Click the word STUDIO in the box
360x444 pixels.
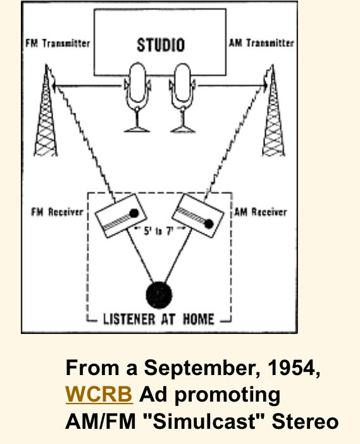[x=161, y=45]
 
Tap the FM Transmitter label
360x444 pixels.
[x=58, y=43]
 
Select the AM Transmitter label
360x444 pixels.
[x=261, y=43]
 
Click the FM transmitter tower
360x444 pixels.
[x=46, y=113]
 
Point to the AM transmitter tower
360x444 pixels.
[x=273, y=113]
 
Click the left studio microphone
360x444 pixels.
[x=137, y=97]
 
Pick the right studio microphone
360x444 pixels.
[x=182, y=97]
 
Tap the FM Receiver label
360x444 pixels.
[x=57, y=212]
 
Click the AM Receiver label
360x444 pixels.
[x=261, y=212]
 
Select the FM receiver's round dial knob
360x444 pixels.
[x=134, y=213]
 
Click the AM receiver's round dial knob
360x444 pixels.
[x=209, y=224]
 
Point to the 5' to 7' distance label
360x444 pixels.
[x=158, y=231]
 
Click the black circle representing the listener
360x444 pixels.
[x=159, y=295]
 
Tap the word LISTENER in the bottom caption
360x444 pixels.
[x=129, y=319]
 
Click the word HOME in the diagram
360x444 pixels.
[x=198, y=319]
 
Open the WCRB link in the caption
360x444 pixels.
[x=99, y=394]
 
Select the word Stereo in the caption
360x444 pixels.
[x=305, y=421]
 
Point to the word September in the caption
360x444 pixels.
[x=202, y=369]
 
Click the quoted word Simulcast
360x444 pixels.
[x=206, y=421]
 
